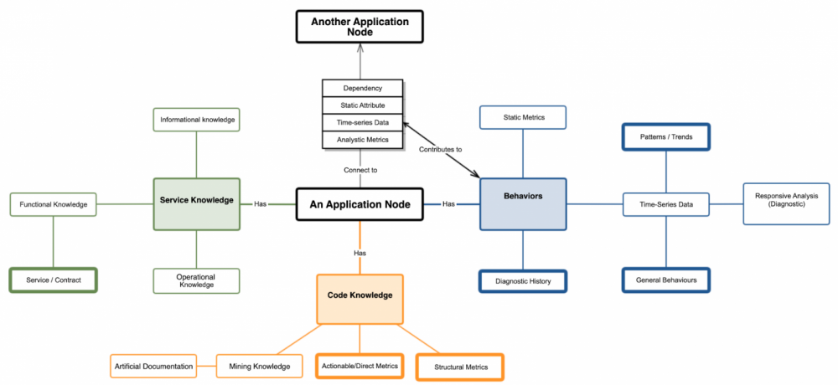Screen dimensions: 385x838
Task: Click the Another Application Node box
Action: (360, 27)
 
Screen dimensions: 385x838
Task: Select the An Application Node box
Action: (360, 203)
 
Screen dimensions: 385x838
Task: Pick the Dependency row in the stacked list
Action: (363, 89)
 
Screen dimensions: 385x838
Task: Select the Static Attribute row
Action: (363, 105)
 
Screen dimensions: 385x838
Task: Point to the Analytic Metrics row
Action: (363, 140)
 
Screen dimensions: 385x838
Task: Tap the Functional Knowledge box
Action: (53, 203)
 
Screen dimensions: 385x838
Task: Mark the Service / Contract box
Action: (54, 280)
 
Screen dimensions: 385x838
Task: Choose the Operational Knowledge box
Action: (196, 281)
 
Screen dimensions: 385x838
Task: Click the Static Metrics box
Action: (523, 117)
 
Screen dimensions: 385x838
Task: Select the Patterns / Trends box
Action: (666, 136)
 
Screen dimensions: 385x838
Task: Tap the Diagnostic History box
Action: (523, 281)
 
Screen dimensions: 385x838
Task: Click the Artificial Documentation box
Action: (153, 366)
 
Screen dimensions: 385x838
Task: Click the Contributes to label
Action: (441, 149)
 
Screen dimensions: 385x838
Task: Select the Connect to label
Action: (360, 170)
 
